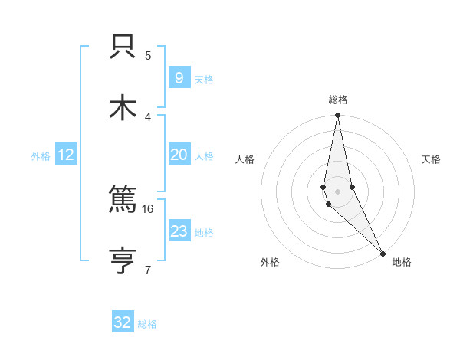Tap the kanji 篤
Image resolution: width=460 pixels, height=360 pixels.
[x=123, y=201]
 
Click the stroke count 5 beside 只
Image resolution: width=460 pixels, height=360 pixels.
[x=148, y=55]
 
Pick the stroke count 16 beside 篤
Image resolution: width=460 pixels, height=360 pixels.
[x=148, y=208]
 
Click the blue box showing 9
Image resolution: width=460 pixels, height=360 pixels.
[x=179, y=78]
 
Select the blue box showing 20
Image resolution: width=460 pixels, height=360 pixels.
[x=179, y=155]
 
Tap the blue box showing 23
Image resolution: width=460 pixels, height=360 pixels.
[x=179, y=231]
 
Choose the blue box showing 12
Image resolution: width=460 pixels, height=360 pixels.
[x=66, y=155]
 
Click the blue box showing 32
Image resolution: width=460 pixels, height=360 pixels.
[x=123, y=322]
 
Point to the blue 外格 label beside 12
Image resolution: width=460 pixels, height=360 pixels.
[x=41, y=156]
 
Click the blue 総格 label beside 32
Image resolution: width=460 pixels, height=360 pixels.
[x=147, y=324]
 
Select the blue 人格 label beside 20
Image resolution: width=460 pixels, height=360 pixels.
[x=204, y=156]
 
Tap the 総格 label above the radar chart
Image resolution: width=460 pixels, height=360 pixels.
[x=338, y=100]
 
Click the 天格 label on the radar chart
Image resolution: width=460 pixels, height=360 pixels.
[x=432, y=159]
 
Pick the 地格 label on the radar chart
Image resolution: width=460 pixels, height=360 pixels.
[x=402, y=262]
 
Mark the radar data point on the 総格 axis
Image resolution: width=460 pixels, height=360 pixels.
[x=337, y=116]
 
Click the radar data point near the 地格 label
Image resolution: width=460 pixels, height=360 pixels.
[x=383, y=252]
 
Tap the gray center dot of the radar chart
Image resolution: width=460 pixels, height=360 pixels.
[x=337, y=191]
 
